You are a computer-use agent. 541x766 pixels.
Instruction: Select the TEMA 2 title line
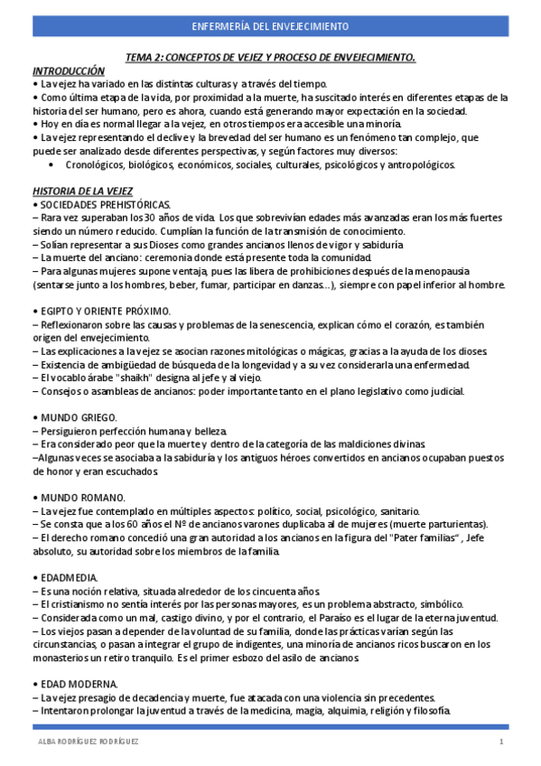pyautogui.click(x=270, y=58)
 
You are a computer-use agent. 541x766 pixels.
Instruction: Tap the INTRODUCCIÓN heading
pyautogui.click(x=69, y=70)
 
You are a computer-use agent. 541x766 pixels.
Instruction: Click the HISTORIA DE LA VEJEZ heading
pyautogui.click(x=82, y=191)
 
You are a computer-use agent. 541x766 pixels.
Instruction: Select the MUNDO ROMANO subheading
pyautogui.click(x=81, y=497)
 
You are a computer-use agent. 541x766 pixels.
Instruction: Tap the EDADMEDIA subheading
pyautogui.click(x=71, y=576)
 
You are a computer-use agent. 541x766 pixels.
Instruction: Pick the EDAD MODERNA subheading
pyautogui.click(x=79, y=683)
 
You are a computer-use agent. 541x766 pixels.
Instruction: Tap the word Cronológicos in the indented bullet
pyautogui.click(x=96, y=165)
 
